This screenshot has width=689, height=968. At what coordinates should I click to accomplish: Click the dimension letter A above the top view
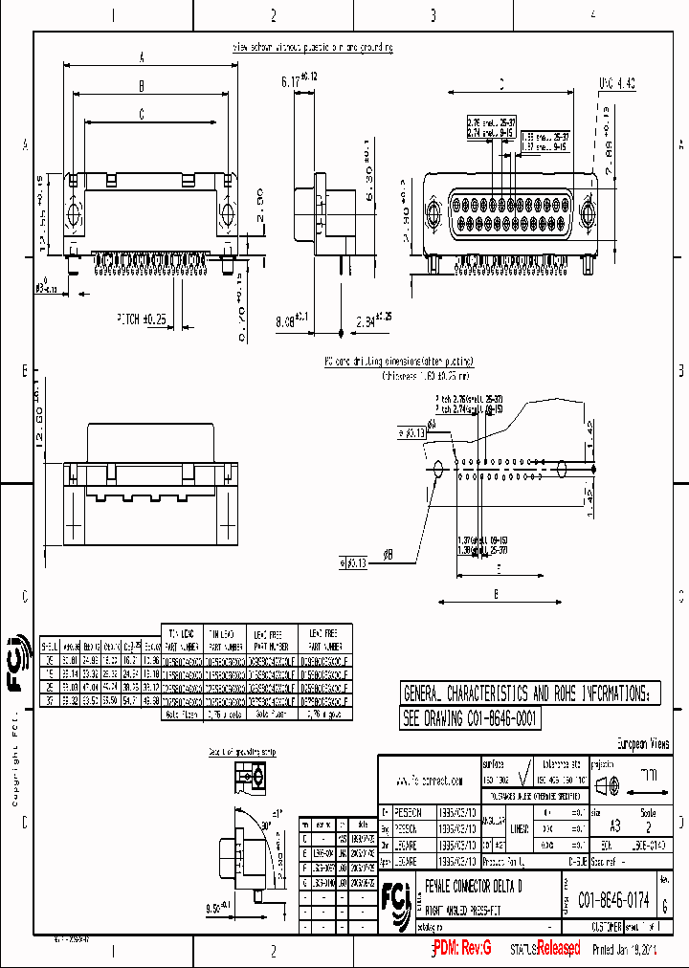click(x=142, y=58)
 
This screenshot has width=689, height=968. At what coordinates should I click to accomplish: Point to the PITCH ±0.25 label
click(x=141, y=318)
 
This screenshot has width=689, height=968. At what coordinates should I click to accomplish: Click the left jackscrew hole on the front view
click(x=432, y=214)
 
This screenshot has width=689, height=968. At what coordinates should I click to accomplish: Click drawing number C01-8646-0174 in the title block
click(x=613, y=900)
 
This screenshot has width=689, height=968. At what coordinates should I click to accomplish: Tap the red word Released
click(x=558, y=948)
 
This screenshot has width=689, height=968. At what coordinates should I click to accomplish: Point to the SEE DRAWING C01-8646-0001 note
click(x=470, y=718)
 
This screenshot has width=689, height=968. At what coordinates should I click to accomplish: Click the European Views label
click(x=642, y=743)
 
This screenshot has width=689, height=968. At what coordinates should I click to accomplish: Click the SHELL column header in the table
click(x=47, y=645)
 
